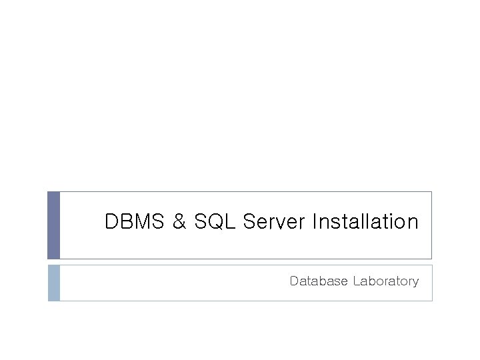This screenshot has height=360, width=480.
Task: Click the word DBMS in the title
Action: pyautogui.click(x=135, y=222)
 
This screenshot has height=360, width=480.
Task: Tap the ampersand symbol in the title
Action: pyautogui.click(x=179, y=222)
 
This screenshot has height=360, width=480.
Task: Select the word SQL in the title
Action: pyautogui.click(x=215, y=222)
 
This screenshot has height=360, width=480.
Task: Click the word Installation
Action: pyautogui.click(x=365, y=222)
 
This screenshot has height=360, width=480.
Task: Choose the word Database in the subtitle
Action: pyautogui.click(x=319, y=281)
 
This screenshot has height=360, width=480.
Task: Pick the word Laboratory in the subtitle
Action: pyautogui.click(x=386, y=281)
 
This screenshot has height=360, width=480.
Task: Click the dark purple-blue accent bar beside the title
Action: pyautogui.click(x=54, y=225)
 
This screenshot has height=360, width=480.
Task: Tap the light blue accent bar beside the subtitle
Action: pyautogui.click(x=54, y=283)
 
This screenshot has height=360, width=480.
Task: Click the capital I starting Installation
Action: pyautogui.click(x=315, y=222)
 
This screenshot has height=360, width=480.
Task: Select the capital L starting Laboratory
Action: pyautogui.click(x=357, y=281)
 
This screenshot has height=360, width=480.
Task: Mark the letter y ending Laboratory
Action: pyautogui.click(x=415, y=283)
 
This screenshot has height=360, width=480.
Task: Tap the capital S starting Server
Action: pyautogui.click(x=249, y=222)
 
